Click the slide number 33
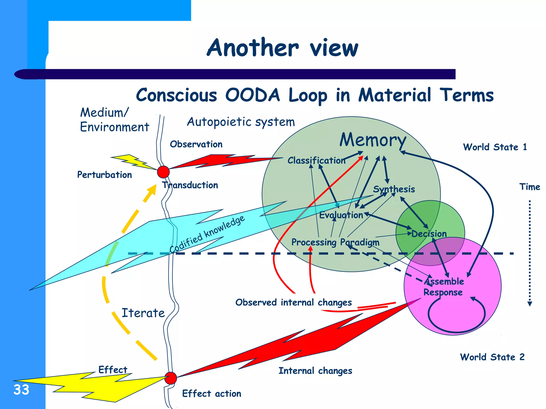[21, 390]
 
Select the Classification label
[316, 160]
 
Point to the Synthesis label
[394, 189]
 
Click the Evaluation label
[341, 215]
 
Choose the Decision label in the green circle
[429, 234]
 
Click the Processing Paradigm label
[335, 242]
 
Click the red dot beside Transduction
[163, 172]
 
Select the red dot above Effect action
[171, 378]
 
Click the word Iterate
[143, 313]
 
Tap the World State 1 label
[495, 147]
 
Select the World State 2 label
[492, 357]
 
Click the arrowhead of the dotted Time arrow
[530, 304]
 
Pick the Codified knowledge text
[207, 234]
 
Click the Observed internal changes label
[293, 302]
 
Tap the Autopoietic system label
[241, 122]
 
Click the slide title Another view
[282, 48]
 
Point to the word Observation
[196, 144]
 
